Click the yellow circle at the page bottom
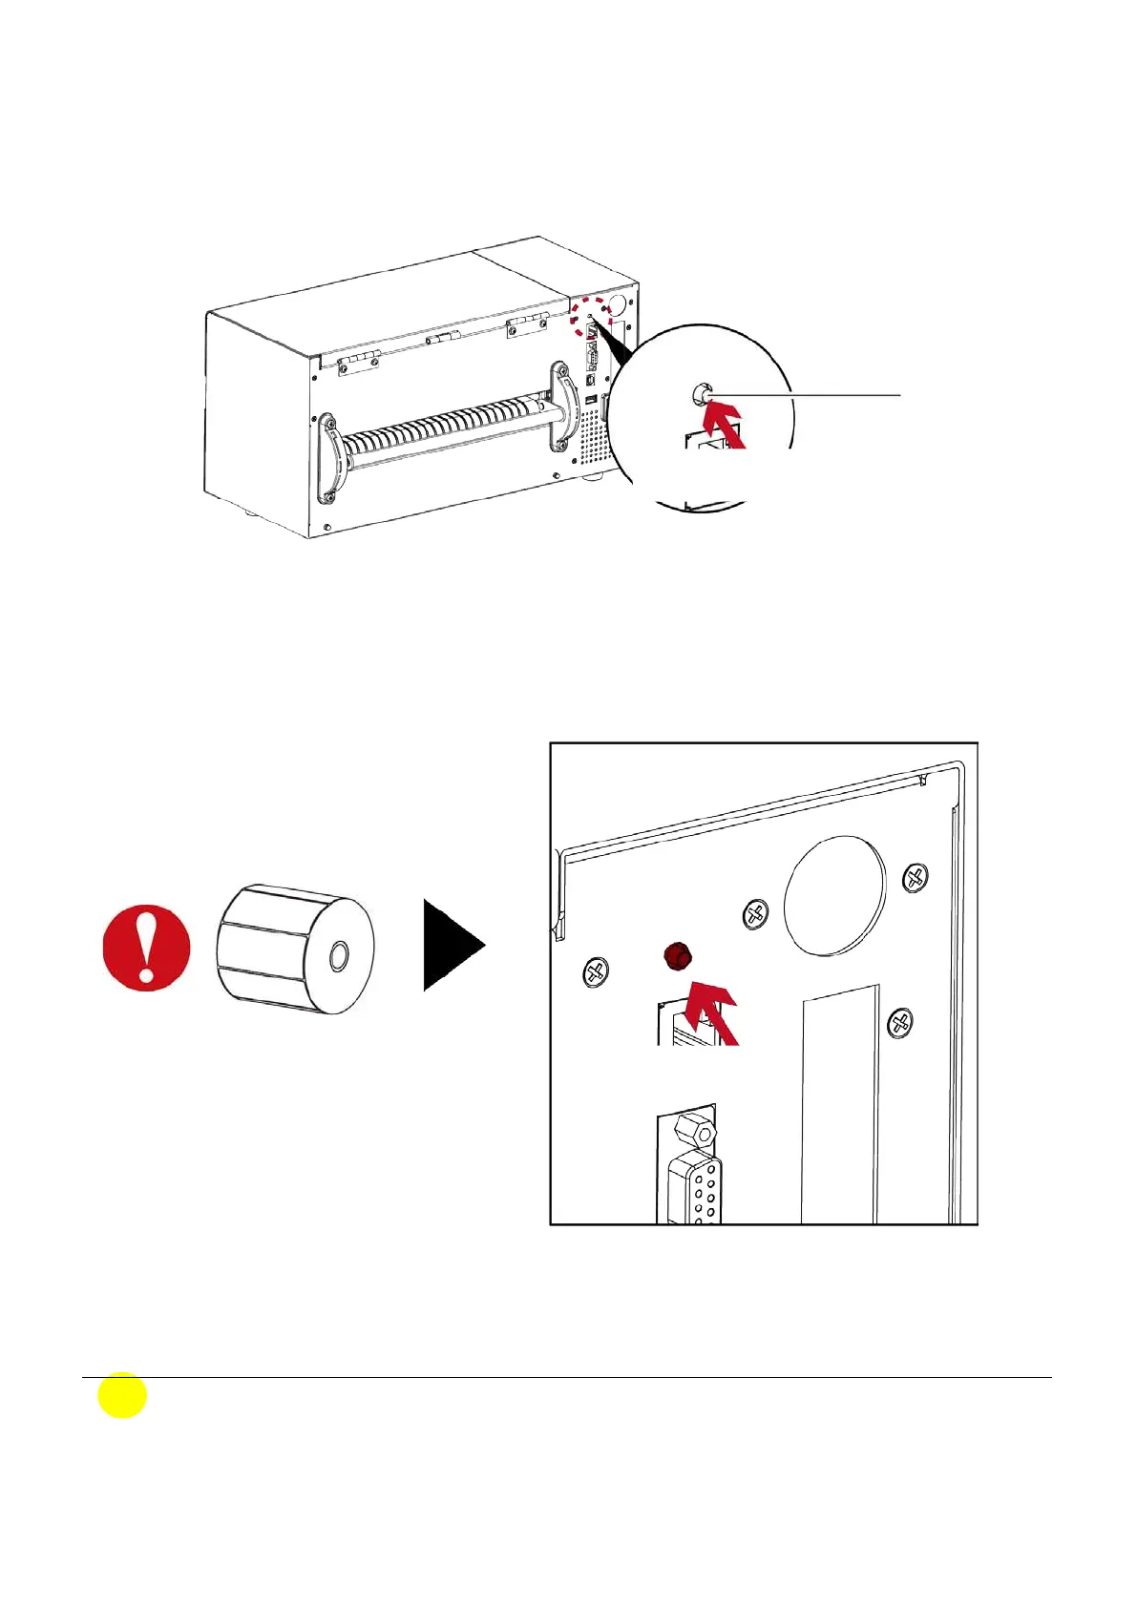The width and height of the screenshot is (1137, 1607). click(x=122, y=1395)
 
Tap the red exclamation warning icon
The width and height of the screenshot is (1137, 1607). click(x=146, y=948)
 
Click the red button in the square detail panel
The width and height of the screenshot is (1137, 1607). click(x=678, y=954)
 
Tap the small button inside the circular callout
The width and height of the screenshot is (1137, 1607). click(x=700, y=393)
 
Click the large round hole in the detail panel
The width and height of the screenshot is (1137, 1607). click(x=834, y=895)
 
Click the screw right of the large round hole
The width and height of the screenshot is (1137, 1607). click(x=916, y=876)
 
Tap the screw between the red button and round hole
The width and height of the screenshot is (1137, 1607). click(x=755, y=914)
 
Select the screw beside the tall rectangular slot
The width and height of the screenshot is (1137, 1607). click(x=899, y=1024)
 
